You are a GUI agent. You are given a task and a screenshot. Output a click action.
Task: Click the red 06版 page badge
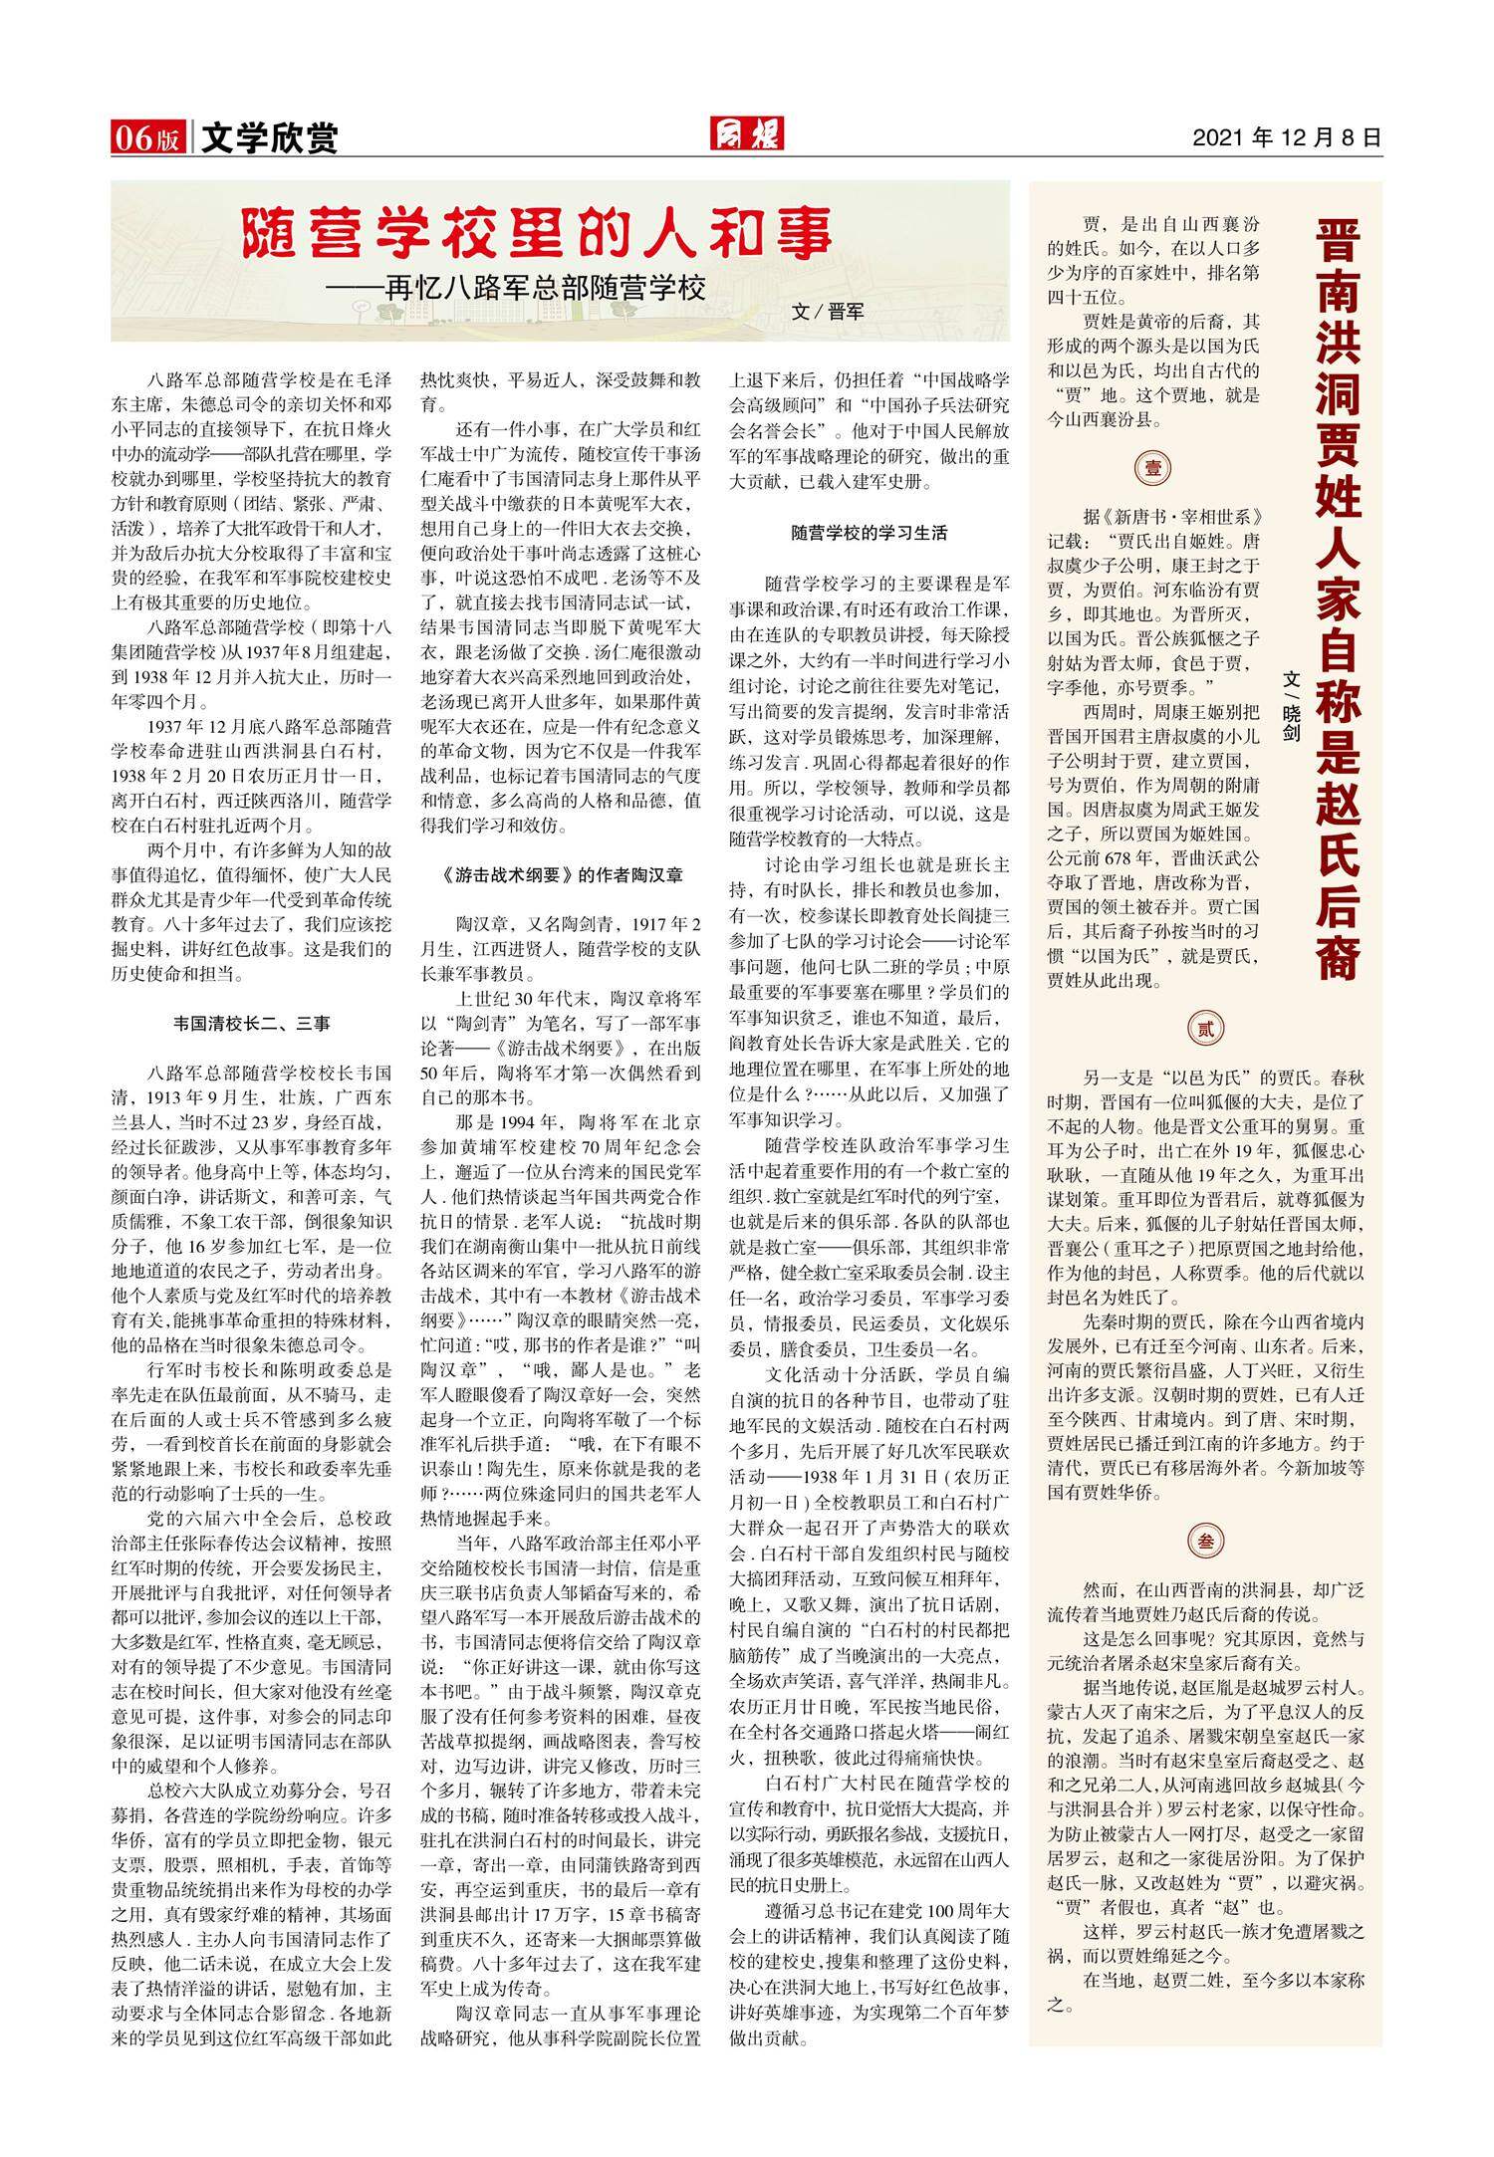point(147,137)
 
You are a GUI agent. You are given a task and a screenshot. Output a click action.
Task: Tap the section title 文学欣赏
point(269,137)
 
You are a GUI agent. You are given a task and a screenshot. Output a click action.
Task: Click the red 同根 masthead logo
point(746,134)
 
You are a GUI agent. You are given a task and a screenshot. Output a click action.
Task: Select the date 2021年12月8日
point(1287,137)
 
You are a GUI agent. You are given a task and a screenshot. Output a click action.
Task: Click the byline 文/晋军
point(827,311)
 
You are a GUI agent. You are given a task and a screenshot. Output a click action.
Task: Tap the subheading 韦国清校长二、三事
point(252,1023)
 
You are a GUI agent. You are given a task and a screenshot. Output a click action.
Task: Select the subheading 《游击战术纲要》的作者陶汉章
point(561,875)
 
